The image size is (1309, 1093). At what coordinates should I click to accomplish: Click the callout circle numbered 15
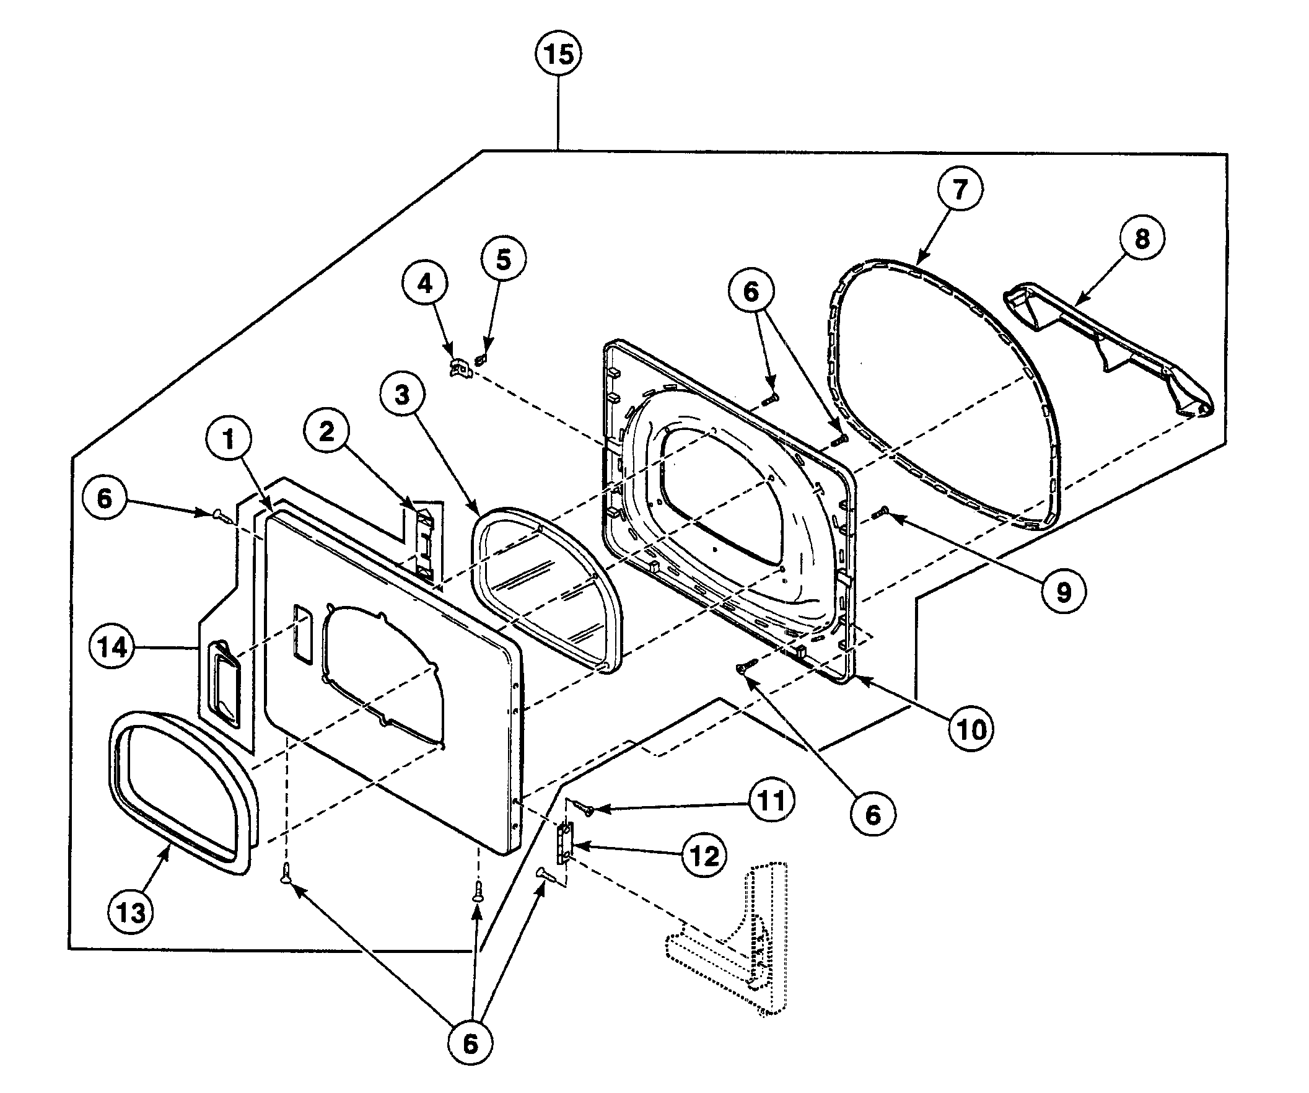(x=559, y=55)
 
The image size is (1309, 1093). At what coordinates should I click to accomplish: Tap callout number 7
(x=960, y=189)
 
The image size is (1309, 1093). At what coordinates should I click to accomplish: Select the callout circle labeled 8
(x=1142, y=238)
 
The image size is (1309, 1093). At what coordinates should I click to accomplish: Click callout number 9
(x=1064, y=592)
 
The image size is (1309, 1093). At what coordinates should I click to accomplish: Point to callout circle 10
(x=971, y=729)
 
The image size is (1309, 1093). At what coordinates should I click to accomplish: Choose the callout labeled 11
(x=772, y=801)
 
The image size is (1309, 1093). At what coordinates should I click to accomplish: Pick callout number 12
(x=704, y=856)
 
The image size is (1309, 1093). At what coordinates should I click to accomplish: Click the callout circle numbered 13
(x=131, y=913)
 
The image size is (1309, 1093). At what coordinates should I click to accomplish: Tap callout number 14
(x=113, y=648)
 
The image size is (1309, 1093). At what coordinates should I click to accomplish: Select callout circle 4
(x=424, y=284)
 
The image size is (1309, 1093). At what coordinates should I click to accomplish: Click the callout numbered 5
(x=504, y=260)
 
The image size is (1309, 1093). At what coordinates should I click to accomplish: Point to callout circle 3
(x=402, y=394)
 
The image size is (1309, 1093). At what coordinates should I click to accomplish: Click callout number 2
(x=326, y=431)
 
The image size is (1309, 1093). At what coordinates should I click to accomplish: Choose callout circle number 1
(x=229, y=439)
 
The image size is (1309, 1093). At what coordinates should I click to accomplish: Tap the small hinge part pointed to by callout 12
(x=566, y=842)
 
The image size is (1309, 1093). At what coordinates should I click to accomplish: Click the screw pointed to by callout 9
(x=880, y=513)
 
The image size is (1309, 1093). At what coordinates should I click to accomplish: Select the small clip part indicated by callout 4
(x=460, y=367)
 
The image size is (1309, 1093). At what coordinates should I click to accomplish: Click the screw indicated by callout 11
(x=587, y=809)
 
